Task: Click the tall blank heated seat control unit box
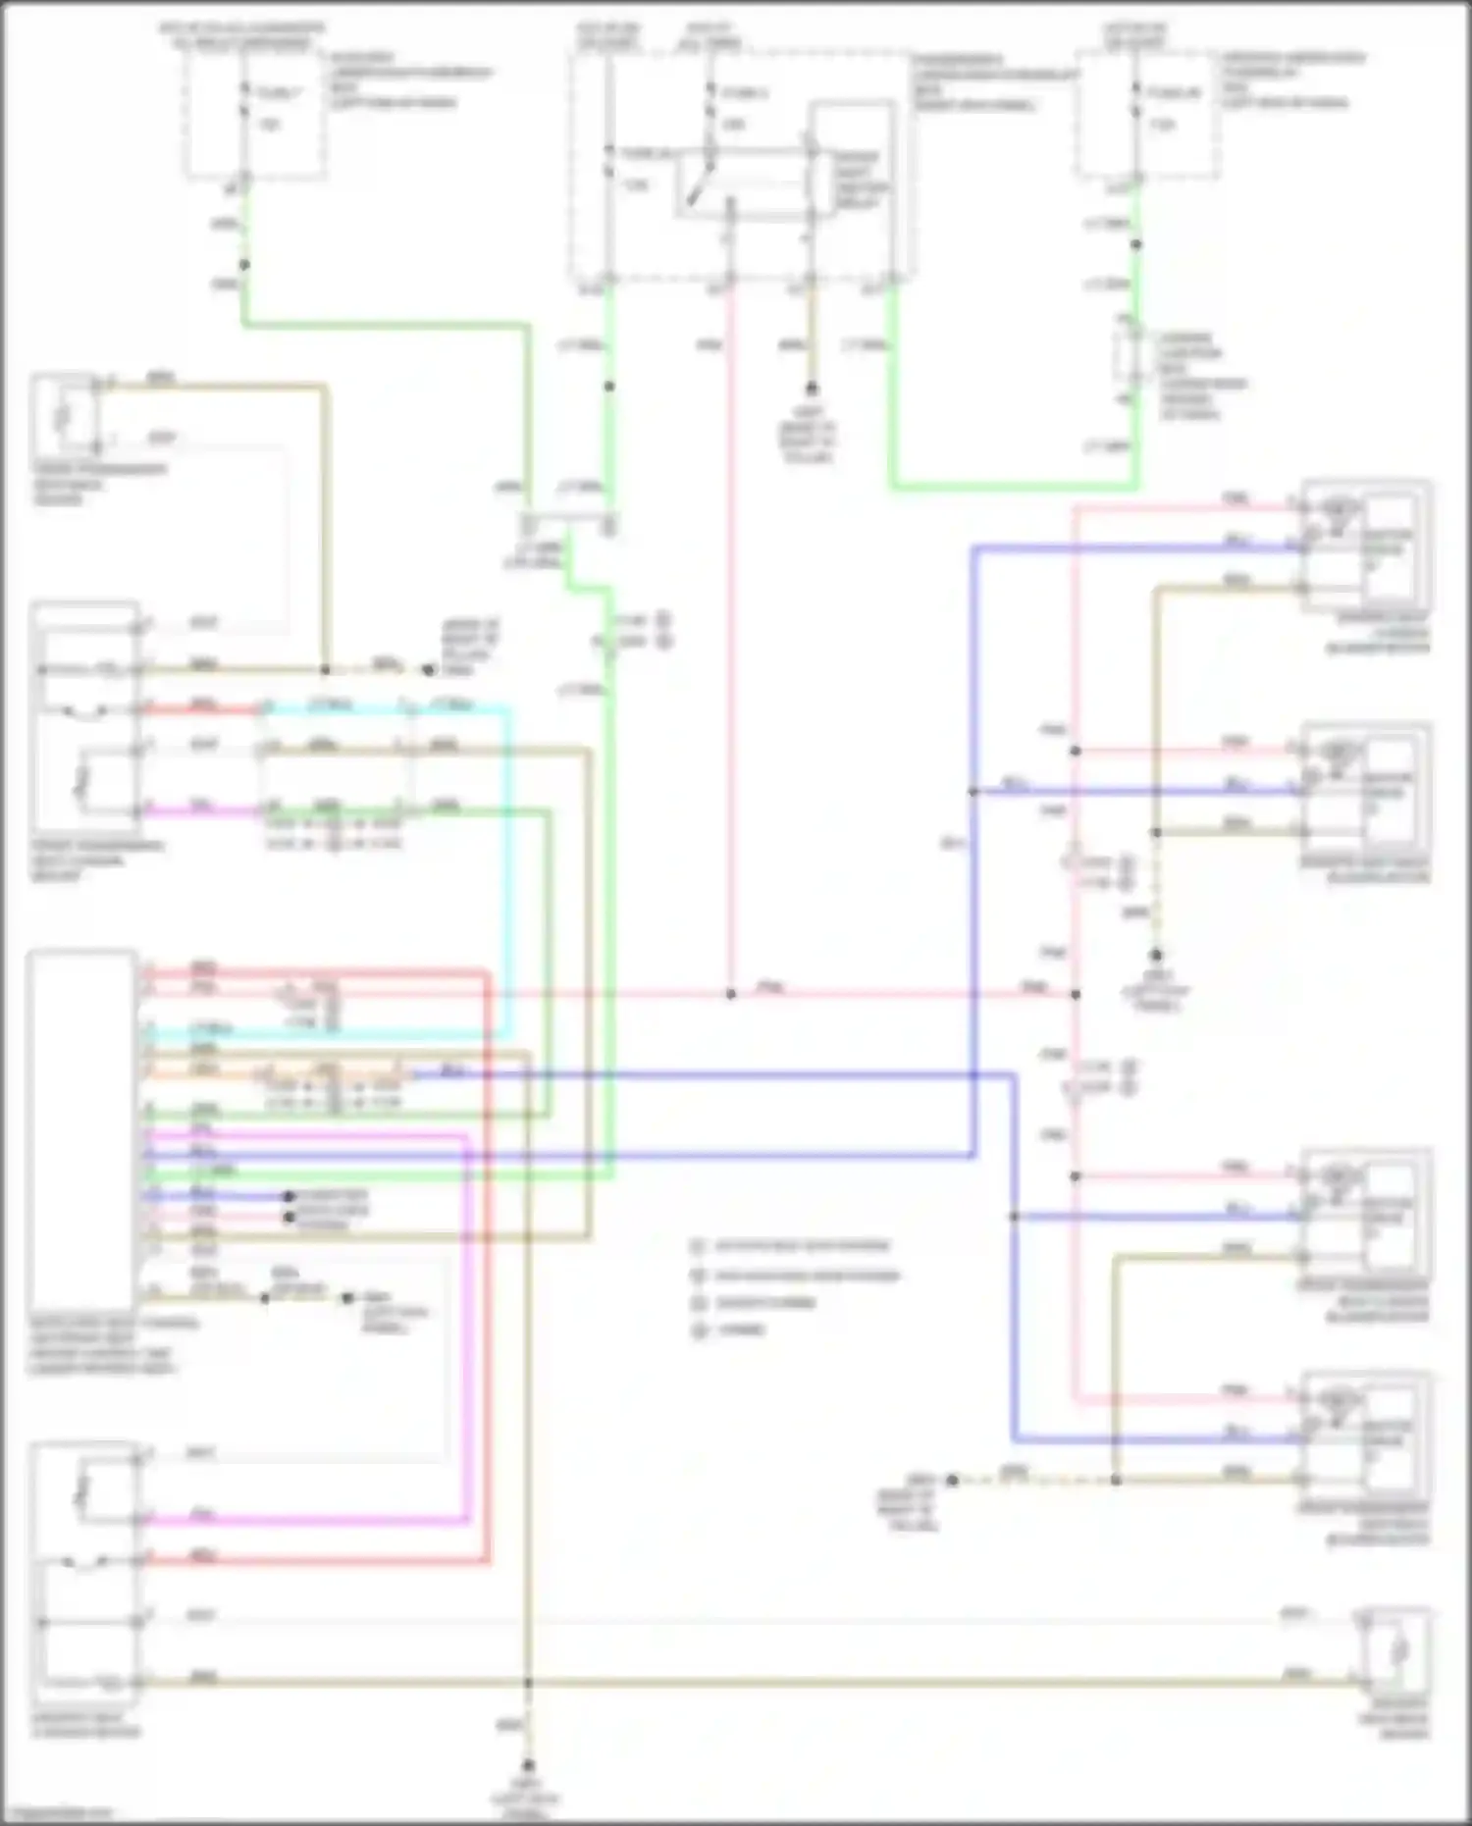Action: click(x=82, y=1128)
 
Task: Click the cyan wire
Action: click(x=508, y=863)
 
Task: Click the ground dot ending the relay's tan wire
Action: click(x=812, y=389)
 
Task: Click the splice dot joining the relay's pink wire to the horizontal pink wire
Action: click(x=730, y=994)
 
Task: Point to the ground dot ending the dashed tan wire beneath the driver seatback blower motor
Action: click(x=1157, y=955)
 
